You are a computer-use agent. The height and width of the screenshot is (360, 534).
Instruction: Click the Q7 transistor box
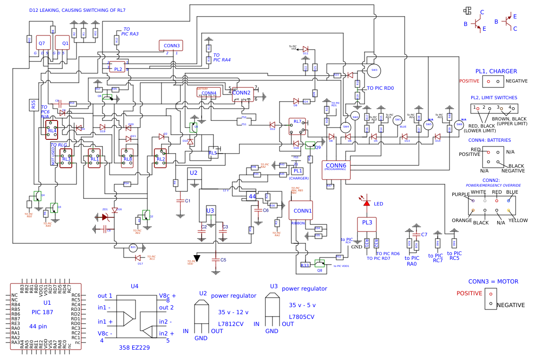click(x=42, y=43)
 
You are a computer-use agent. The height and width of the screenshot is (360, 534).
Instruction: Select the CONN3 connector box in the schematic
click(x=171, y=46)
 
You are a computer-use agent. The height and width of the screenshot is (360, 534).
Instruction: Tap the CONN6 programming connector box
click(x=336, y=169)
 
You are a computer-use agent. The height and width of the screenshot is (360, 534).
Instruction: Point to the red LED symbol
click(x=366, y=203)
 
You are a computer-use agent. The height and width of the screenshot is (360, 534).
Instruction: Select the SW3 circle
click(x=374, y=70)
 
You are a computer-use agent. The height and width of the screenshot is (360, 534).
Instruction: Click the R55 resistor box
click(x=33, y=105)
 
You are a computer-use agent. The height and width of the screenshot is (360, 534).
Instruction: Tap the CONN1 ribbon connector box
click(x=301, y=210)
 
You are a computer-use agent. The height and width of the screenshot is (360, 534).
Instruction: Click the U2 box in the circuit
click(x=194, y=173)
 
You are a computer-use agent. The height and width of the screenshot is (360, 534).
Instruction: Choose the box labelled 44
click(x=253, y=196)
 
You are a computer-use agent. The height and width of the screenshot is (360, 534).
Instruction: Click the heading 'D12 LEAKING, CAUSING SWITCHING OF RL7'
click(x=77, y=10)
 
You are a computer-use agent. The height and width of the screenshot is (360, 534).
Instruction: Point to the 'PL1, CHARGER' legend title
click(x=496, y=71)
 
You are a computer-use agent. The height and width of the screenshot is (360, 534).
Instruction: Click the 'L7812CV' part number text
click(x=230, y=324)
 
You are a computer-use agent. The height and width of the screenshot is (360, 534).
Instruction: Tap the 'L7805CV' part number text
click(x=301, y=317)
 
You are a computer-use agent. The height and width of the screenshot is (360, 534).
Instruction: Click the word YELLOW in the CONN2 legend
click(x=518, y=221)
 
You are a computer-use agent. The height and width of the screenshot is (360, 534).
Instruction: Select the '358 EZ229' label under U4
click(x=134, y=347)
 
